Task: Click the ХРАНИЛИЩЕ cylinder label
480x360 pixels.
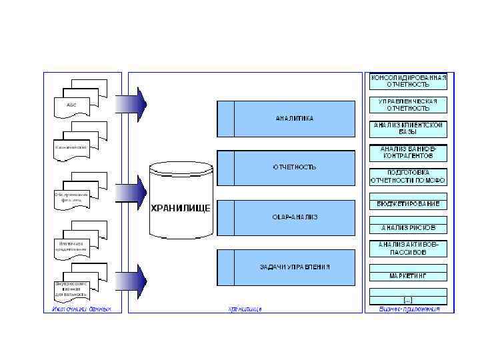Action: (x=181, y=207)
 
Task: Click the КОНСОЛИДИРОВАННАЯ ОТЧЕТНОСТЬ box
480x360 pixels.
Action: (x=408, y=81)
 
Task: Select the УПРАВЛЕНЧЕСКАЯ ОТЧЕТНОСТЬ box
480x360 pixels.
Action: (x=408, y=105)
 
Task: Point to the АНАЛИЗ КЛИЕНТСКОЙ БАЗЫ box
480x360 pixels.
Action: (x=408, y=128)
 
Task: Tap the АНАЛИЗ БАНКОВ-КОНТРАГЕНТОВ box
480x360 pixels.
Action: (x=408, y=153)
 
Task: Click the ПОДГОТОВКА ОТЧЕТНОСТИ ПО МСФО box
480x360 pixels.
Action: (x=408, y=176)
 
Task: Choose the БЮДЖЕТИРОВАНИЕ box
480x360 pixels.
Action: (x=408, y=203)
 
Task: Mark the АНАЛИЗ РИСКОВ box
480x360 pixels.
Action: (x=408, y=227)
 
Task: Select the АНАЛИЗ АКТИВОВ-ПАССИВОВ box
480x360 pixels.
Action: (x=408, y=249)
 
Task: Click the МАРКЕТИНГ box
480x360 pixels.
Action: (x=408, y=275)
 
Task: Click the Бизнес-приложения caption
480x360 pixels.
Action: (x=409, y=309)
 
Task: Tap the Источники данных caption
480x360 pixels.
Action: (x=81, y=309)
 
